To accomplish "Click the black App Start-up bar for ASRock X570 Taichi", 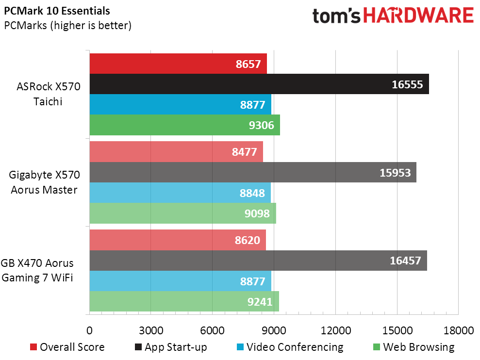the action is [259, 84].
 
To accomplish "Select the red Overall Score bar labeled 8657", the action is [178, 64].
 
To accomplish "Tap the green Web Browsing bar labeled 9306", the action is [184, 125].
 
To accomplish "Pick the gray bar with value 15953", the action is [253, 172].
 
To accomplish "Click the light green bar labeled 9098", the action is [183, 213].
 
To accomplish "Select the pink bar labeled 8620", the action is [178, 240].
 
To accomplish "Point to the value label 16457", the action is [405, 261].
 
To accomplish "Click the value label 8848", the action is [252, 193].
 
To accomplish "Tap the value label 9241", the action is [260, 301].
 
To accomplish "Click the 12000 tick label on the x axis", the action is [336, 330].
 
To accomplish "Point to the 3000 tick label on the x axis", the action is [151, 330].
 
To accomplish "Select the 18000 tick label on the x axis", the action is [459, 330].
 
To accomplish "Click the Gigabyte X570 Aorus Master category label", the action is [44, 182].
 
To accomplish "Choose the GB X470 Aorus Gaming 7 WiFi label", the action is [37, 270].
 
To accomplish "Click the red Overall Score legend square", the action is [33, 347].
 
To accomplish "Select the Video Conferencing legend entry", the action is [290, 347].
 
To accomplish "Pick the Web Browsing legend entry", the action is [414, 347].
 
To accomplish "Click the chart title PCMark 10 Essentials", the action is [57, 11].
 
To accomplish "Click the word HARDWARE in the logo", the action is [418, 16].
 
